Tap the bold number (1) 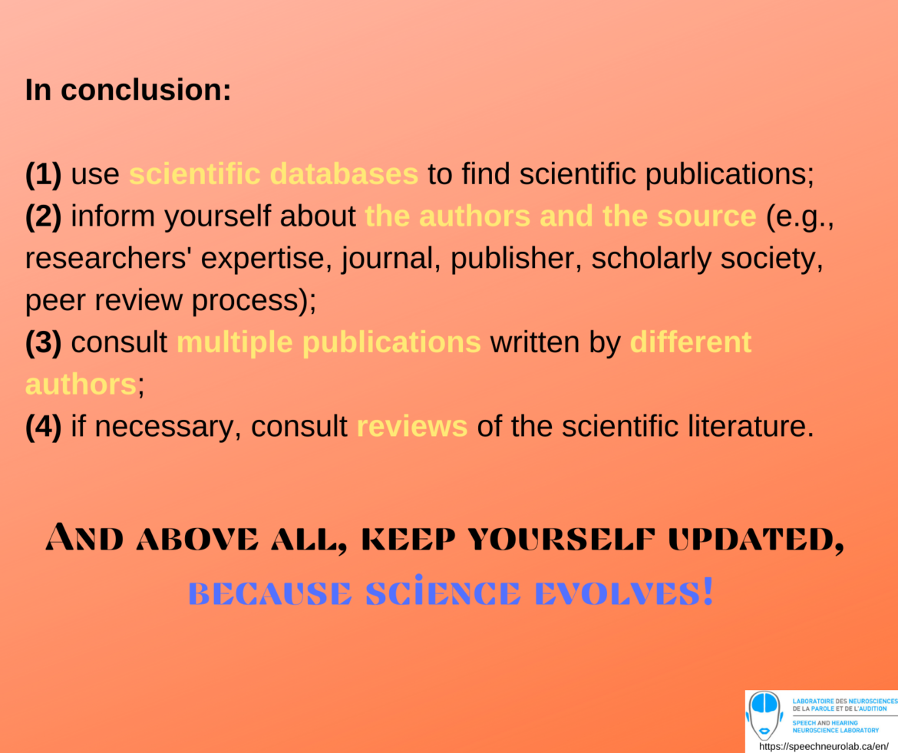(x=43, y=175)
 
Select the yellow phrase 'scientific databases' (x=273, y=175)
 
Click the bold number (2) (x=43, y=217)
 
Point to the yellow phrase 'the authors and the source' (x=560, y=217)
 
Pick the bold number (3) (x=43, y=343)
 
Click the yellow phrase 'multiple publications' (x=328, y=343)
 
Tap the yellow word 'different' (x=690, y=343)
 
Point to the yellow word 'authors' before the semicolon (x=81, y=385)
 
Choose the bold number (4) (x=43, y=427)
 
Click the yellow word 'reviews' (x=412, y=427)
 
